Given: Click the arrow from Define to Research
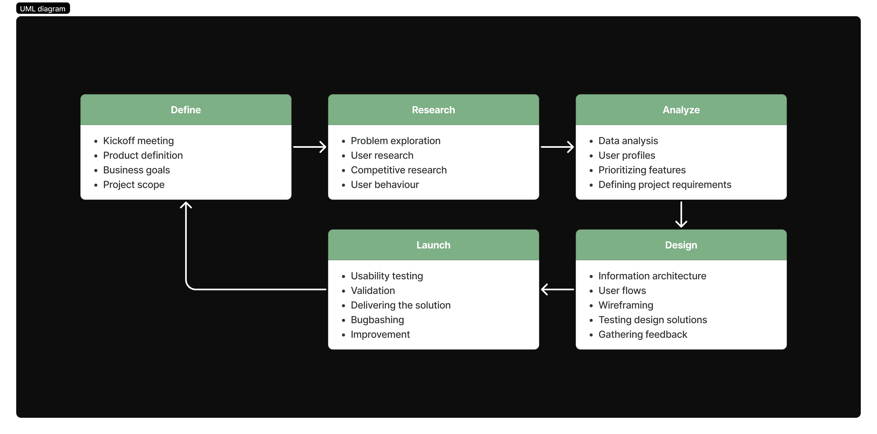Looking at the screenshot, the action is [x=309, y=147].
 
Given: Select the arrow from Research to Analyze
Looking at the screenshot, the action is [x=557, y=147].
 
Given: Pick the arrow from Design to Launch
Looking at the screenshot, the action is [x=557, y=289].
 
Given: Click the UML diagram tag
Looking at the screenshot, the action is [x=43, y=9].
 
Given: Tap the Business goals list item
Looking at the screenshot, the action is [x=136, y=170].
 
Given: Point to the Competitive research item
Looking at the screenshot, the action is [x=399, y=170].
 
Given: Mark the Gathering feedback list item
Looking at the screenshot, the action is [x=643, y=335].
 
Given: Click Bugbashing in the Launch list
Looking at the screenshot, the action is [x=377, y=320].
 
